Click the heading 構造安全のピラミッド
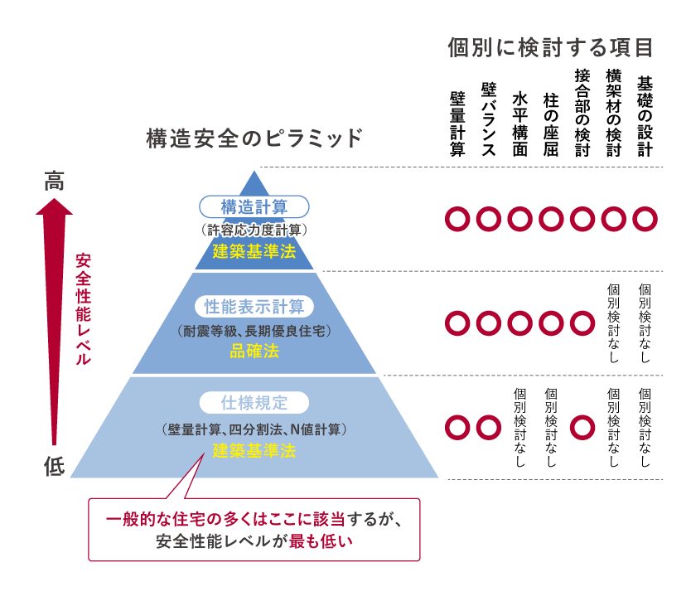254,138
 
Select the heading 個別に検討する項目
549,46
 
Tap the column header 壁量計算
457,124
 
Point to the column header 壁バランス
489,119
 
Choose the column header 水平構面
519,124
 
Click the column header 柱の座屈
551,124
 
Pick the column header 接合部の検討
582,112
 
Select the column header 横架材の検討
613,112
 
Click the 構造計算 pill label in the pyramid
254,207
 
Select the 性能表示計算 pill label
254,307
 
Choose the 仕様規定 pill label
254,404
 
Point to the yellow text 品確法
254,352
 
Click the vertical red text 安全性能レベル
83,309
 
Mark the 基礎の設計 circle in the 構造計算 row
645,219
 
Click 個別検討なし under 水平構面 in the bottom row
519,427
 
